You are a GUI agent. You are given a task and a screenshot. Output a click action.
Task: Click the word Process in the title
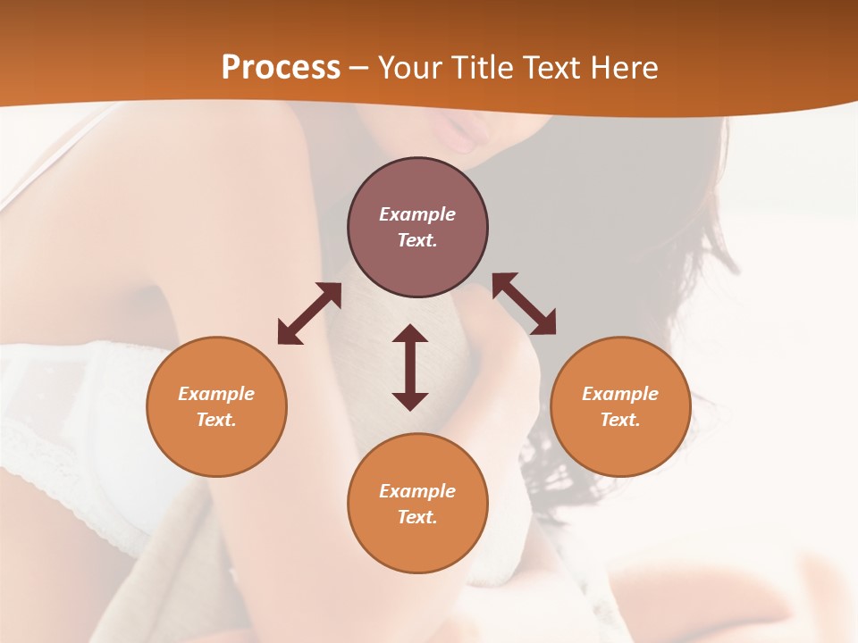pyautogui.click(x=281, y=68)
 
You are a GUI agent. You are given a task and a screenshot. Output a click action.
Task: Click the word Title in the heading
pyautogui.click(x=484, y=68)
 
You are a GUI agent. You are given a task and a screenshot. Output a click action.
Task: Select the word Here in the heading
pyautogui.click(x=625, y=68)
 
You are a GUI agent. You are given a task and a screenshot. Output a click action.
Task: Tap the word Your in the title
pyautogui.click(x=411, y=68)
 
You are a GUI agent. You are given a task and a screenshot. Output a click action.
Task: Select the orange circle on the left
pyautogui.click(x=216, y=447)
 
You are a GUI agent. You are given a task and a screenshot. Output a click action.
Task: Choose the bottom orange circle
pyautogui.click(x=417, y=545)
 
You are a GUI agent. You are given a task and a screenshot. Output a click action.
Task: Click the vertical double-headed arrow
pyautogui.click(x=410, y=367)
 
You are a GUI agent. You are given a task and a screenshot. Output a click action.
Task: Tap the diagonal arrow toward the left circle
pyautogui.click(x=309, y=313)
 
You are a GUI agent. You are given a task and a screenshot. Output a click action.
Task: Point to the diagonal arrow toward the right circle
pyautogui.click(x=524, y=304)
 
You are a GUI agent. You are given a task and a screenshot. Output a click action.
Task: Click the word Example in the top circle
pyautogui.click(x=417, y=214)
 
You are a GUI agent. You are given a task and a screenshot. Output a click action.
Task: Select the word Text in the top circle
pyautogui.click(x=417, y=240)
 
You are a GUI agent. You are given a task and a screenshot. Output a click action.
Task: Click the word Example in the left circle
pyautogui.click(x=216, y=394)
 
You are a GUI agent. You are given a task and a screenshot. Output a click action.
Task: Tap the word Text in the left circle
pyautogui.click(x=216, y=420)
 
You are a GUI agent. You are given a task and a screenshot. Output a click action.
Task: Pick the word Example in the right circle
pyautogui.click(x=620, y=394)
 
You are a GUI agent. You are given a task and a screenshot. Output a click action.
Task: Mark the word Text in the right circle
pyautogui.click(x=620, y=420)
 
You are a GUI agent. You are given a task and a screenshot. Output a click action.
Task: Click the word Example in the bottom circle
pyautogui.click(x=417, y=491)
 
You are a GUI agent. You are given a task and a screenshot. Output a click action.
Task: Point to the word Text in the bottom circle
pyautogui.click(x=417, y=517)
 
